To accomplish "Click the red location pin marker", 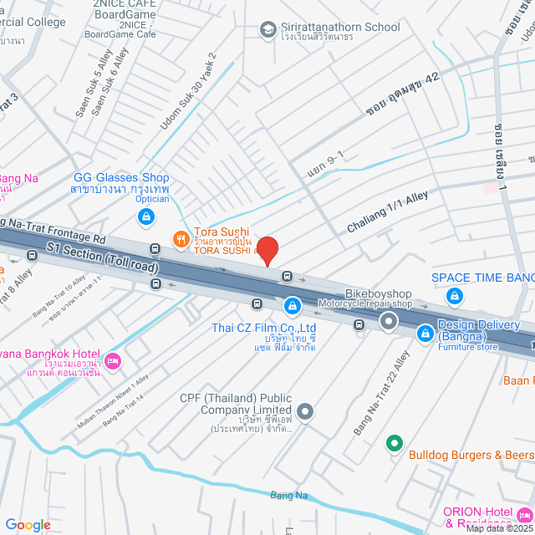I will click(267, 251).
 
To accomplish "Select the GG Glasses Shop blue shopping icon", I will click(146, 217).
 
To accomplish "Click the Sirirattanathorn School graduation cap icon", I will click(268, 30).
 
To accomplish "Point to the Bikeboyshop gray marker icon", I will click(388, 320).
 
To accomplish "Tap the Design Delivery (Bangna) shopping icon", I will click(425, 332).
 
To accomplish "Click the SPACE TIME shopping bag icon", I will click(455, 295).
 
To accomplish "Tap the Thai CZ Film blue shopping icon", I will click(292, 306).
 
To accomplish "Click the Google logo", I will click(28, 524).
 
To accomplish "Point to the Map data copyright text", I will click(498, 528).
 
